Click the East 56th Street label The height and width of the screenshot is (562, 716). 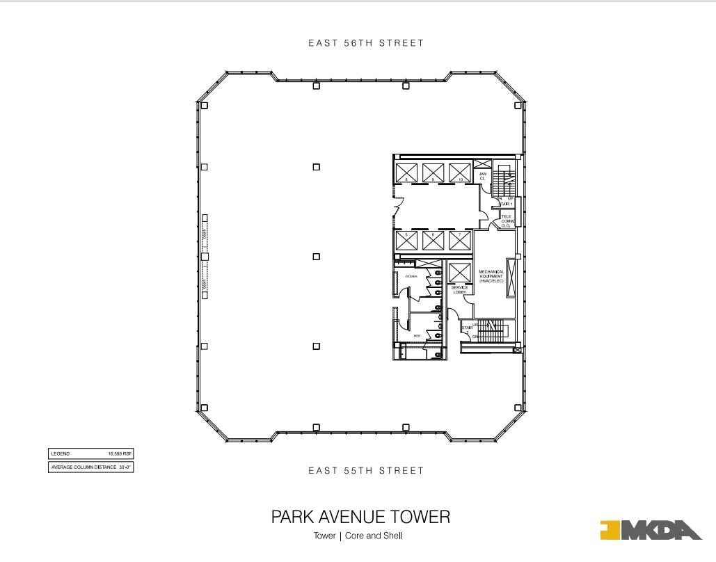coord(366,43)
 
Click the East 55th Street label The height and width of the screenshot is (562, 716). coord(366,471)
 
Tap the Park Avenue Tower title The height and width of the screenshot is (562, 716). coord(360,517)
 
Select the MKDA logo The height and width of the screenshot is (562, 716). coord(651,530)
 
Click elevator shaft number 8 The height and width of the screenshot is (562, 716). coord(406,172)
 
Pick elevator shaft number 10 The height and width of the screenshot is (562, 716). coord(460,172)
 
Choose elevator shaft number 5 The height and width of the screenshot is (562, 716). coord(406,241)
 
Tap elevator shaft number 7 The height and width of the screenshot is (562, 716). coord(460,241)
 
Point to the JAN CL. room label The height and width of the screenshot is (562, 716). coord(482,177)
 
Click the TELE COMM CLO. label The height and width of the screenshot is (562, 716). coord(507,221)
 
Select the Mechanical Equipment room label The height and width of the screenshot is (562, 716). coord(491,276)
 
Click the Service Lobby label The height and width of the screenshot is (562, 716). coord(460,290)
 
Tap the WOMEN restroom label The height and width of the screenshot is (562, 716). coord(411,276)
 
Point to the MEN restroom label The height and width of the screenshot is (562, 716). coord(417,336)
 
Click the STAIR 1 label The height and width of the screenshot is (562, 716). coord(506,204)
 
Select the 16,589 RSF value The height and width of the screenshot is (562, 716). coord(120,453)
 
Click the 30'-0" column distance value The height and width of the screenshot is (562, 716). coord(125,467)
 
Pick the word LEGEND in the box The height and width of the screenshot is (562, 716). coord(61,453)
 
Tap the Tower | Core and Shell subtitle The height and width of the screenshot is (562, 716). coord(358,536)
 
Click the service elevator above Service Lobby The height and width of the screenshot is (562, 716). coord(460,273)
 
